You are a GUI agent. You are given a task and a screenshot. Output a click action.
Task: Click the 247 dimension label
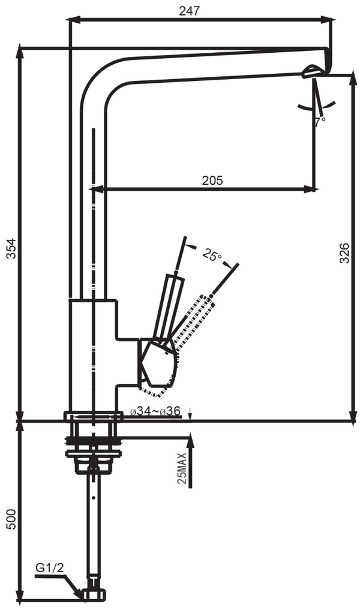point(189,10)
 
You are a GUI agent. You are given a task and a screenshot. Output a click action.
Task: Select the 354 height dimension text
point(10,248)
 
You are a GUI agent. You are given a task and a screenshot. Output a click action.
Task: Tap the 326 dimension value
point(344,255)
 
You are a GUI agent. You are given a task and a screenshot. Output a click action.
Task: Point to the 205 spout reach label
point(212,180)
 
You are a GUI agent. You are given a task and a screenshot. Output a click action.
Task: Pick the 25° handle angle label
point(211,255)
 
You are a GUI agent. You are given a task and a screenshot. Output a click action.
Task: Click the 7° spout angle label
point(320,121)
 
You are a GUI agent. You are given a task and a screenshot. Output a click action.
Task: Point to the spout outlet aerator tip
point(313,72)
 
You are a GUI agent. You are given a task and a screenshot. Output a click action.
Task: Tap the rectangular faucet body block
point(92,354)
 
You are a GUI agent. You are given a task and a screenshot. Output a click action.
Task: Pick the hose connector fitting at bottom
point(92,592)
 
